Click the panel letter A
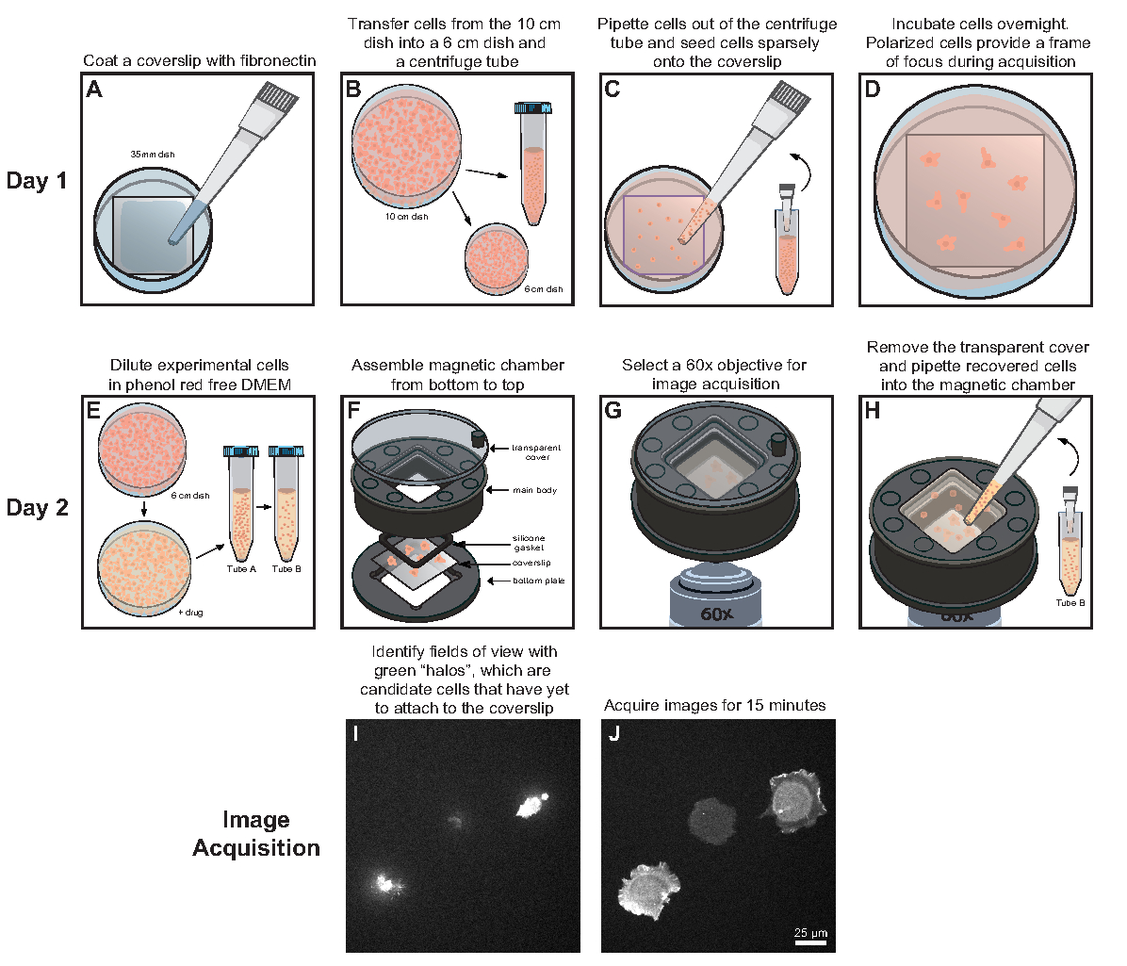(94, 90)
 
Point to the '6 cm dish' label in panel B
(544, 288)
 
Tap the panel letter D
(873, 90)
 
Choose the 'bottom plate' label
(539, 581)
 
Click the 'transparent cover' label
(537, 452)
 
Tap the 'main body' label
(535, 490)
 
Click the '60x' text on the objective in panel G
(716, 614)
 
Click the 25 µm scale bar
(810, 940)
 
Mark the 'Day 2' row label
(37, 508)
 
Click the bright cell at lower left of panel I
(384, 883)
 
